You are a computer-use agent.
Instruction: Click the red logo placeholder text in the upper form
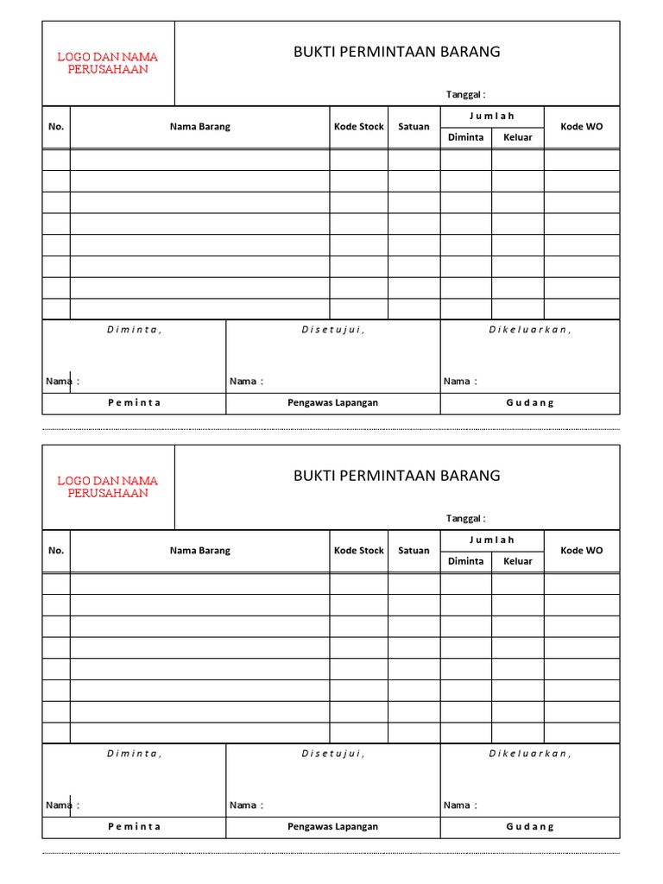click(108, 63)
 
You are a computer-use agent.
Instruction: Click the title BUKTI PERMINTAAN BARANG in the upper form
click(396, 52)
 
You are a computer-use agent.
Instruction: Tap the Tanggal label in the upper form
click(465, 94)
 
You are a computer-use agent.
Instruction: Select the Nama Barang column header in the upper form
click(199, 127)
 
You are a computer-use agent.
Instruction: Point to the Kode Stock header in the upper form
click(358, 127)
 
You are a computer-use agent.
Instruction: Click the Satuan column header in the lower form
click(414, 551)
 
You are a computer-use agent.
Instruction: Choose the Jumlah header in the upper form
click(492, 116)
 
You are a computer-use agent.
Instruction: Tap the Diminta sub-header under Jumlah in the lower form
click(466, 561)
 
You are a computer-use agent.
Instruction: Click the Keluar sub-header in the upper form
click(518, 137)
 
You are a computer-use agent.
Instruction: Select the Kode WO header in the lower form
click(582, 551)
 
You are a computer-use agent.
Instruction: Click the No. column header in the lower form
click(56, 551)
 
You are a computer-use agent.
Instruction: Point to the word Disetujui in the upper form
click(333, 330)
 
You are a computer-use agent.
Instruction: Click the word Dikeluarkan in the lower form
click(530, 754)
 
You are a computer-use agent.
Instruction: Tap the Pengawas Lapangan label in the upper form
click(333, 403)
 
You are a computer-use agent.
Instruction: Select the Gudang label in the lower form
click(530, 827)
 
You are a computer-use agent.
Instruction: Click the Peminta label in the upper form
click(134, 403)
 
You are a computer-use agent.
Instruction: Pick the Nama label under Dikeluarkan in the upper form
click(457, 382)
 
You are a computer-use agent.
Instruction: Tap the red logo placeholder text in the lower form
click(108, 487)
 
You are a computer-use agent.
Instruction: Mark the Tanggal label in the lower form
click(465, 518)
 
